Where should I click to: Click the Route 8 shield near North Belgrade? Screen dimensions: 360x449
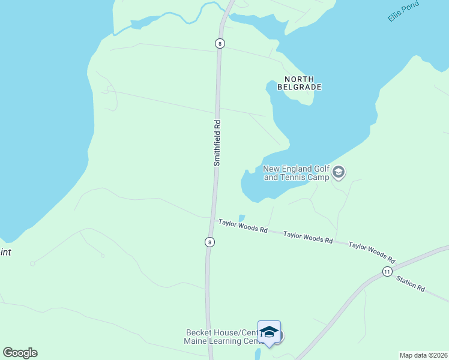tap(220, 43)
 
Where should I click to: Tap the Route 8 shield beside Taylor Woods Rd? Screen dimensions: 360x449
tap(209, 242)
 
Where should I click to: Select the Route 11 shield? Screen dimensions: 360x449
tap(387, 272)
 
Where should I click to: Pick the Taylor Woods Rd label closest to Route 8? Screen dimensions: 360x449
tap(243, 226)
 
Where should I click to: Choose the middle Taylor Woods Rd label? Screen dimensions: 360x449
tap(308, 237)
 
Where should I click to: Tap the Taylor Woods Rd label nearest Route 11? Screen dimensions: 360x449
tap(372, 253)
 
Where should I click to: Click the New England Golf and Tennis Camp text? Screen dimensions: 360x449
tap(297, 173)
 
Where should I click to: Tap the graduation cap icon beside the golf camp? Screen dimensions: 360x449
tap(339, 173)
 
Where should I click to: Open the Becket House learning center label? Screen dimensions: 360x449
tap(221, 337)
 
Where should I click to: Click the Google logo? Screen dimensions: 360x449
tap(20, 353)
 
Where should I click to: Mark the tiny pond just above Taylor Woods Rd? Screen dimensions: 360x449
tap(241, 218)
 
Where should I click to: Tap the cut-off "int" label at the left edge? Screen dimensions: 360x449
tap(5, 253)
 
